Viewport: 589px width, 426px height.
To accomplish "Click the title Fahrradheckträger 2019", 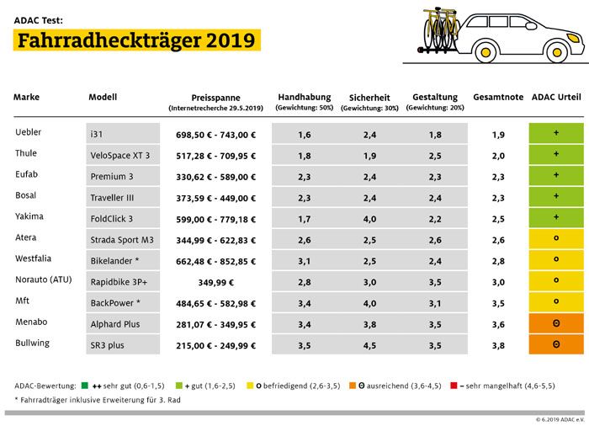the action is coord(136,40).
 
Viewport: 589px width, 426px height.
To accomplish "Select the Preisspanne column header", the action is coord(215,98).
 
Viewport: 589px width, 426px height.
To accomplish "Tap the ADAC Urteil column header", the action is coord(556,97).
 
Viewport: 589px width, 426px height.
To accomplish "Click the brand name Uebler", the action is coord(28,132).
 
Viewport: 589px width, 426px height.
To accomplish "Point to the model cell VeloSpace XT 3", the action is coord(123,156).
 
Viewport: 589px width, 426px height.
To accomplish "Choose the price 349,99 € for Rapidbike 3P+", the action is coord(216,282).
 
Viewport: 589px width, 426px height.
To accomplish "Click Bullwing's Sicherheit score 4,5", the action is coord(369,345).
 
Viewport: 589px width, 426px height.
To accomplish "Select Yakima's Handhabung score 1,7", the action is coord(305,219).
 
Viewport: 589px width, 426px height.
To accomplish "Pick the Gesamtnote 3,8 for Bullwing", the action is coord(498,345).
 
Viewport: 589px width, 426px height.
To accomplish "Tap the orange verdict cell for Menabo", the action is coord(556,323).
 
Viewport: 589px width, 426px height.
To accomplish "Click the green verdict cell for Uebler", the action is coord(556,133).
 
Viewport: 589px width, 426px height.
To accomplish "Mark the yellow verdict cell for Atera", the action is coord(556,239).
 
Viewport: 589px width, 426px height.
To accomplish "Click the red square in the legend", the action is coord(454,386).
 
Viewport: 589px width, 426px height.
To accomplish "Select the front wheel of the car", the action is coord(557,52).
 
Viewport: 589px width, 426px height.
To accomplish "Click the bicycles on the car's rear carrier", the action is coord(440,29).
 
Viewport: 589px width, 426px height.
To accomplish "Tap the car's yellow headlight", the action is coord(573,38).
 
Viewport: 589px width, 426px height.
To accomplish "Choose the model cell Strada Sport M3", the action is coord(123,240).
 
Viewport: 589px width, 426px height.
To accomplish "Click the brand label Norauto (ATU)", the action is coord(44,280).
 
